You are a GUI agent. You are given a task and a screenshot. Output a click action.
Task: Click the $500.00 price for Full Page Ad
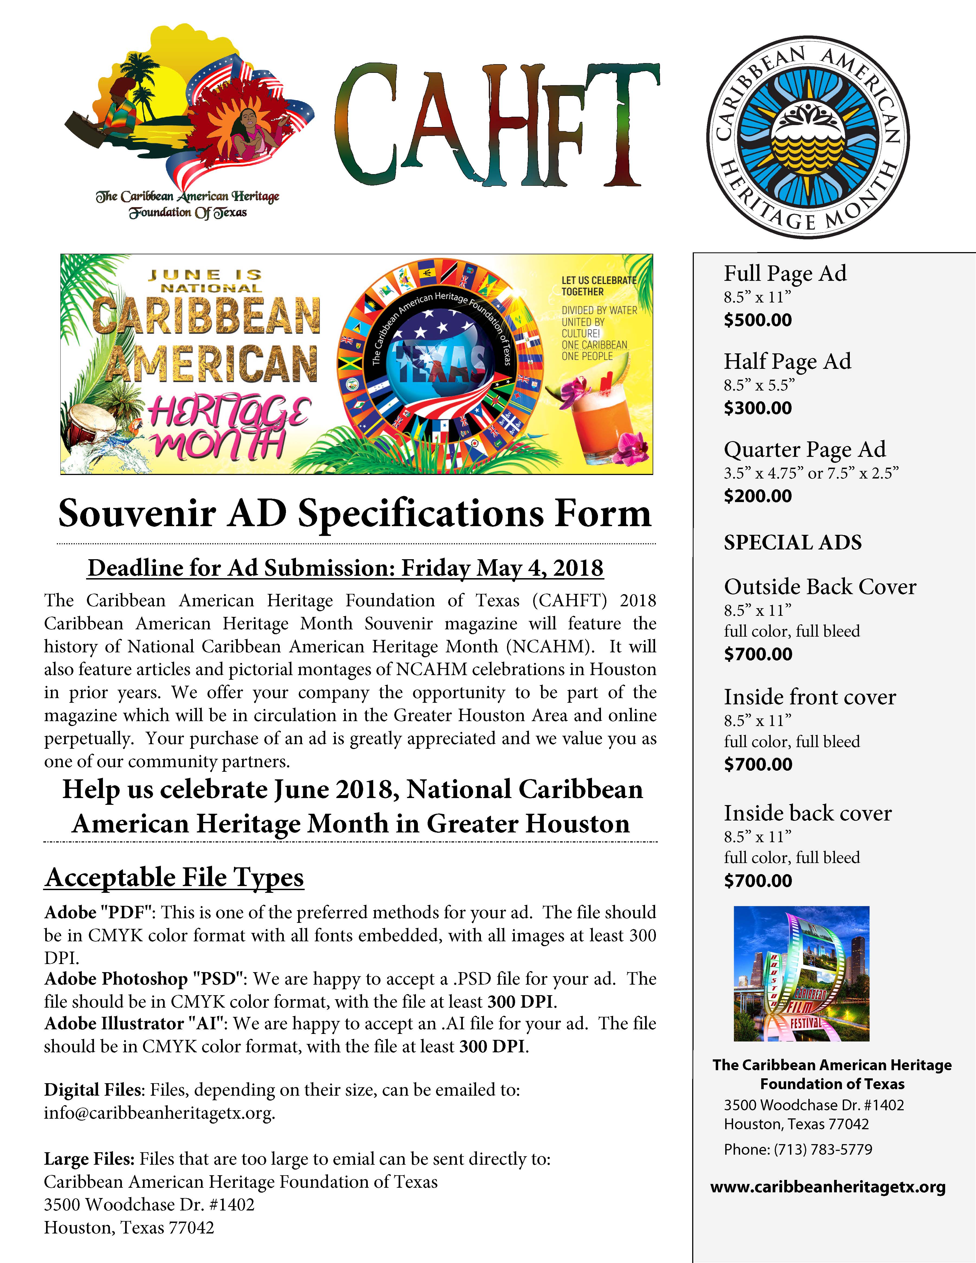click(x=757, y=320)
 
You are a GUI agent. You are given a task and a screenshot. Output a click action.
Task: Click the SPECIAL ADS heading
click(x=792, y=542)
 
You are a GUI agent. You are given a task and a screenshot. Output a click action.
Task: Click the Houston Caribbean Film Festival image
click(x=801, y=974)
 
